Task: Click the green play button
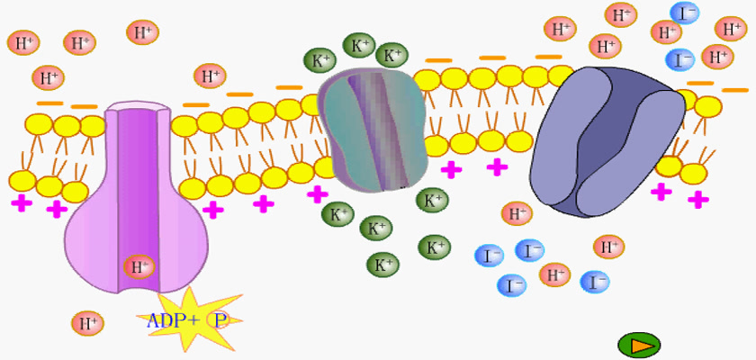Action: pyautogui.click(x=639, y=345)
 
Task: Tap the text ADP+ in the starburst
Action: pyautogui.click(x=173, y=320)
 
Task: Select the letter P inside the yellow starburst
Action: pyautogui.click(x=220, y=320)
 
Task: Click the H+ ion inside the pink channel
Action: pyautogui.click(x=139, y=267)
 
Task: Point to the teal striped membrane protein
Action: pyautogui.click(x=373, y=130)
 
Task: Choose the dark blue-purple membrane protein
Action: pyautogui.click(x=607, y=141)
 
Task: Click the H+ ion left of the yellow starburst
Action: pyautogui.click(x=88, y=323)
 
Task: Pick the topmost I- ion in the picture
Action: pyautogui.click(x=684, y=13)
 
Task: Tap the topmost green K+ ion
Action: pyautogui.click(x=359, y=45)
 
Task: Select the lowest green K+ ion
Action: pyautogui.click(x=383, y=265)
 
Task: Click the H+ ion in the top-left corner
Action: pyautogui.click(x=23, y=42)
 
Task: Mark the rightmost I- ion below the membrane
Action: pyautogui.click(x=595, y=282)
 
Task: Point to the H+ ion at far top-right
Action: pyautogui.click(x=731, y=29)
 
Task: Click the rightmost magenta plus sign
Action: pyautogui.click(x=698, y=199)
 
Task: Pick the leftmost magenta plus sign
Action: pyautogui.click(x=22, y=202)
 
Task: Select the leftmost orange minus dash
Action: pyautogui.click(x=50, y=103)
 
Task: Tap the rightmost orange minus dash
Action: pyautogui.click(x=734, y=90)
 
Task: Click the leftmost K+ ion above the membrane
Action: pyautogui.click(x=319, y=60)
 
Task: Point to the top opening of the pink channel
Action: pyautogui.click(x=137, y=106)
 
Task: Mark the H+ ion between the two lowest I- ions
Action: pyautogui.click(x=554, y=275)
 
